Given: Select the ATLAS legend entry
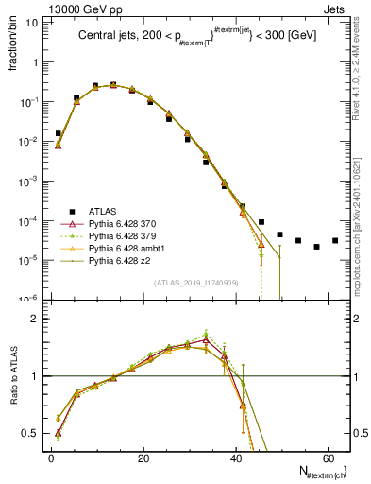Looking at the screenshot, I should pyautogui.click(x=103, y=211).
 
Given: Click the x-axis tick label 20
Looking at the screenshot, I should pyautogui.click(x=143, y=458).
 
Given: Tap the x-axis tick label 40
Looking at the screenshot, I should pyautogui.click(x=235, y=458).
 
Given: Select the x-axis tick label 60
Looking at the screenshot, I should pyautogui.click(x=327, y=458).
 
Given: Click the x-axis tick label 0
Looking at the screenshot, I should pyautogui.click(x=51, y=458).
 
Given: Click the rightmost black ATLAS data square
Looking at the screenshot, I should pyautogui.click(x=335, y=240).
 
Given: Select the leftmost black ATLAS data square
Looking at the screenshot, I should pyautogui.click(x=59, y=133).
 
